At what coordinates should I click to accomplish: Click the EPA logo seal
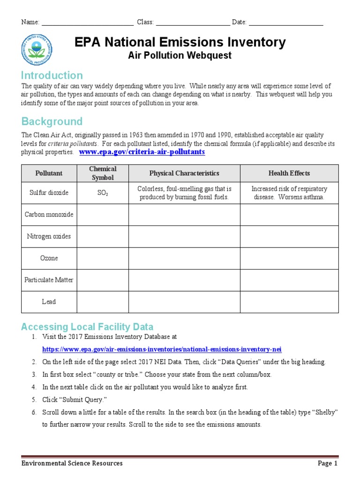(37, 49)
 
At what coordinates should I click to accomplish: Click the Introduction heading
(52, 75)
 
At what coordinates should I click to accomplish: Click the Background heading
(52, 121)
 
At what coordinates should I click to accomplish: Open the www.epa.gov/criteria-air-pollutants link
(142, 152)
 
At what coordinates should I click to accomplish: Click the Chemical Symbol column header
(103, 173)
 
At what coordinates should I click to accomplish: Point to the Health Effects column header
(289, 173)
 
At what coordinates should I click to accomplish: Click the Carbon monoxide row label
(49, 214)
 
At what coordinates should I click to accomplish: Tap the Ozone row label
(49, 258)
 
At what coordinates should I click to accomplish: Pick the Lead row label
(49, 301)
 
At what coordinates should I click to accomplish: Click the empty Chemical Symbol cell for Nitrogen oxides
(103, 236)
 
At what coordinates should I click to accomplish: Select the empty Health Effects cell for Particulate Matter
(289, 280)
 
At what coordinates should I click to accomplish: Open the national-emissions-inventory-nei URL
(162, 350)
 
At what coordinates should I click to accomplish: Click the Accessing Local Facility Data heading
(87, 327)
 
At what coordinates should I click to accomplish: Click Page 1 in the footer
(328, 464)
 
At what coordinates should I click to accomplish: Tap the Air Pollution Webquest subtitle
(180, 56)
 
